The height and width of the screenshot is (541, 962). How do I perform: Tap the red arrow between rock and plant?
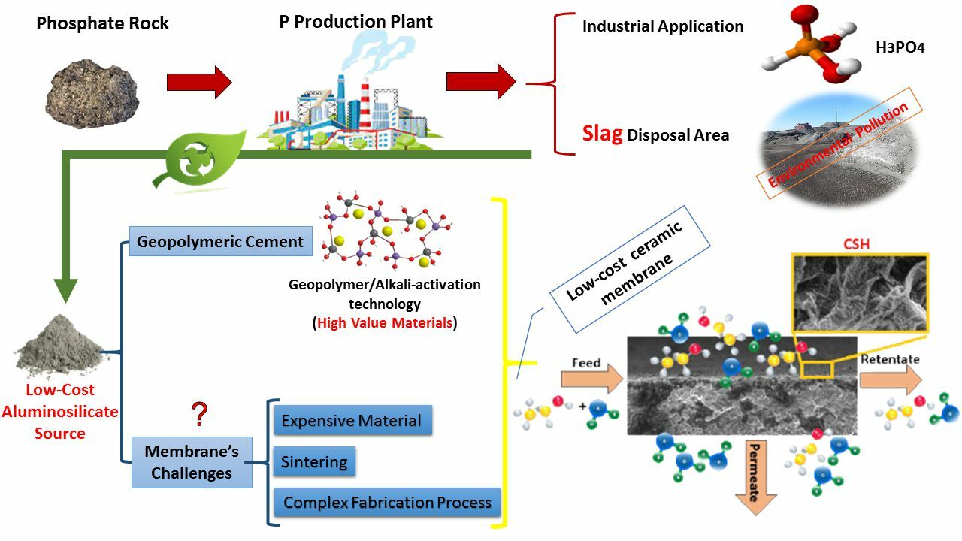point(199,82)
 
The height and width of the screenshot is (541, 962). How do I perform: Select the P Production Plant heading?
point(355,21)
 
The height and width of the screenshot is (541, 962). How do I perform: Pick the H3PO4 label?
point(900,47)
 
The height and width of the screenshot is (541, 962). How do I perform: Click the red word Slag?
point(602,134)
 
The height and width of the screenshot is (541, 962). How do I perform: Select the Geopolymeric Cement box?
point(220,242)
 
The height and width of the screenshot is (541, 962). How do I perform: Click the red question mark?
point(199,414)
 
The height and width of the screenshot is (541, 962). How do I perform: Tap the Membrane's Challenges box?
point(192,462)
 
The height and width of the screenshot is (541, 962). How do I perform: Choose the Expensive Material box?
point(351,421)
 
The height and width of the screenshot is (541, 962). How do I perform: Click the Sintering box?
point(313,461)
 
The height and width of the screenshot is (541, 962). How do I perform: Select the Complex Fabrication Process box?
point(387,502)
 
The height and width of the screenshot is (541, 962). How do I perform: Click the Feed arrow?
point(591,375)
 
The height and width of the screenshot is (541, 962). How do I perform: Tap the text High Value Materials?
point(384,323)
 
